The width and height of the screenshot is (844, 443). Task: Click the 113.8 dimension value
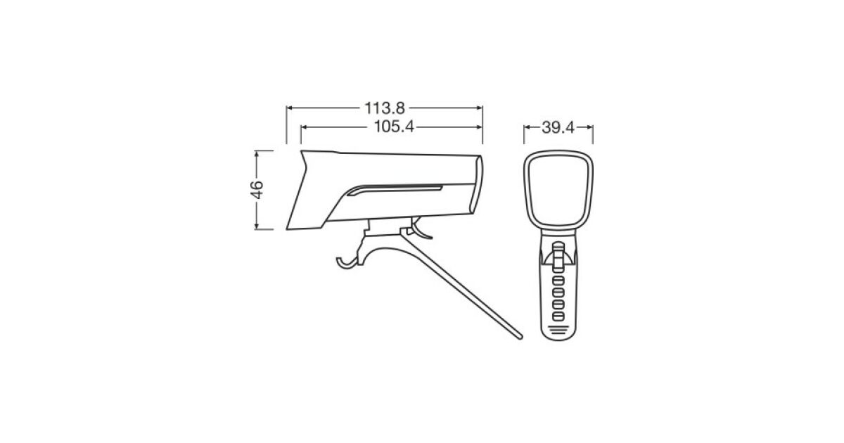384,108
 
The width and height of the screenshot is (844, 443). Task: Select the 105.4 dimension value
394,127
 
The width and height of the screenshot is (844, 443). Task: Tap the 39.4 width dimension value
558,128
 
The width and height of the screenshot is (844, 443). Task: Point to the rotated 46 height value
257,190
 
